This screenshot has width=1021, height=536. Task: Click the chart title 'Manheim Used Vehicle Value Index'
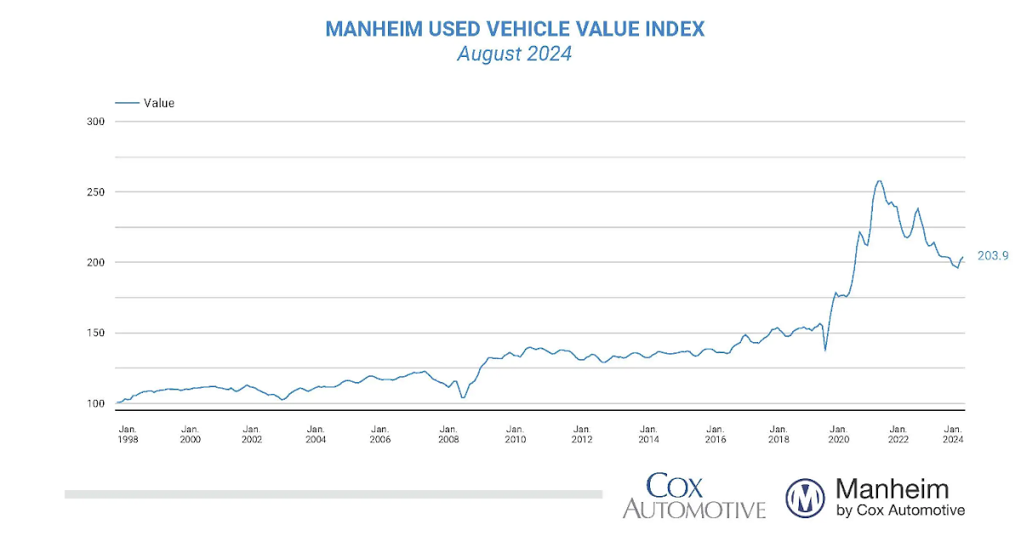pos(515,29)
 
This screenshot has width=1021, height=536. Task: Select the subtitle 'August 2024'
pos(514,54)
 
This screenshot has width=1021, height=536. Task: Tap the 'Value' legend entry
pos(158,103)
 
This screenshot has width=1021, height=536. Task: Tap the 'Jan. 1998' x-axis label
pos(128,434)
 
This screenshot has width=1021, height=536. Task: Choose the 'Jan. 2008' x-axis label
pos(448,434)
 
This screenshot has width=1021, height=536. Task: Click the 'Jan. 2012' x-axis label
pos(582,434)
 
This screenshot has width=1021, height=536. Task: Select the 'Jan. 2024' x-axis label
pos(953,434)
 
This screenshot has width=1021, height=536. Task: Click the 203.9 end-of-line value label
pos(991,255)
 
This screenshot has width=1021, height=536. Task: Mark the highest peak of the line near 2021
pos(879,180)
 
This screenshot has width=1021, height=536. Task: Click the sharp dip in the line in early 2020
pos(824,350)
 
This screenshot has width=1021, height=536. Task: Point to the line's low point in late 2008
pos(463,397)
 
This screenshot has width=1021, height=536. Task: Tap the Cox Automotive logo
pos(693,497)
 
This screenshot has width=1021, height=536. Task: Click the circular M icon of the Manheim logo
pos(805,498)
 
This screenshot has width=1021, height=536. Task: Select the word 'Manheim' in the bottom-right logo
pos(892,488)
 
